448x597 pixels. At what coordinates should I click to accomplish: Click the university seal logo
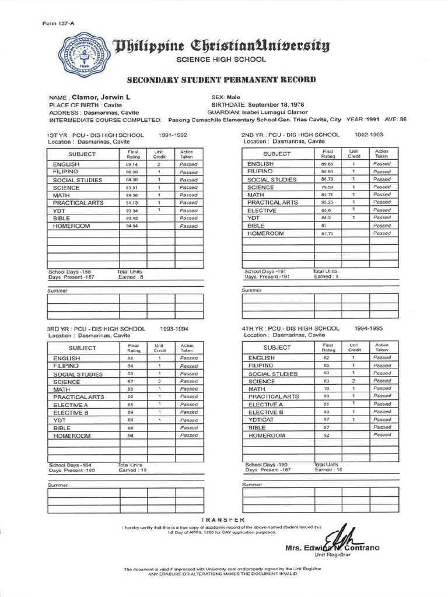pos(86,53)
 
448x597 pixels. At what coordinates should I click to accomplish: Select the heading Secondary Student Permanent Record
pos(222,79)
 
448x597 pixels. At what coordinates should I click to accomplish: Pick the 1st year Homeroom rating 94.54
pos(132,226)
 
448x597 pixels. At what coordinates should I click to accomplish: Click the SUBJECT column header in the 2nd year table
pos(276,154)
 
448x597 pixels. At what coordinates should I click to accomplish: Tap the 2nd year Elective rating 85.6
pos(327,210)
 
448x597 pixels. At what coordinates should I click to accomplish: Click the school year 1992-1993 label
pos(369,134)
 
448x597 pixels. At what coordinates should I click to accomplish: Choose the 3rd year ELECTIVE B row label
pos(71,412)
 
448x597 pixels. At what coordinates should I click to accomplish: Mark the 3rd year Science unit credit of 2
pos(159,381)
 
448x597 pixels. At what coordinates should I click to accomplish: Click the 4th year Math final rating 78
pos(327,389)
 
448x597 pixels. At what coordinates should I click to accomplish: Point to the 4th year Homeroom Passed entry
pos(382,435)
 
